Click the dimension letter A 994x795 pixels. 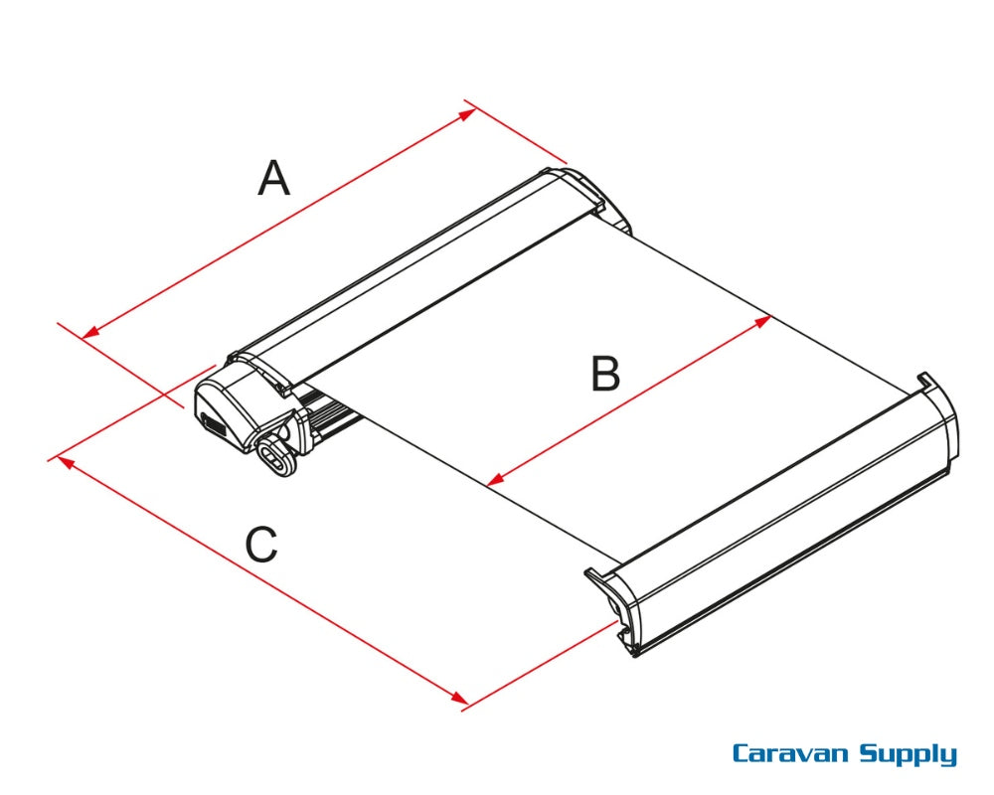click(x=274, y=180)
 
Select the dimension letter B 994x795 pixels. click(x=605, y=376)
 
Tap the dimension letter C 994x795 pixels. click(x=261, y=545)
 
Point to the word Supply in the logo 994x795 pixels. click(x=908, y=756)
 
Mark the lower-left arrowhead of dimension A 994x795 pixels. click(x=87, y=334)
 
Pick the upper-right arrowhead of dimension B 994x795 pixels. click(x=766, y=320)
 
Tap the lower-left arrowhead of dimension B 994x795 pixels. click(x=493, y=482)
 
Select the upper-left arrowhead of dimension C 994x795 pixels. click(x=65, y=459)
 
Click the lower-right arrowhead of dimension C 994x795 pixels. click(x=462, y=702)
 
